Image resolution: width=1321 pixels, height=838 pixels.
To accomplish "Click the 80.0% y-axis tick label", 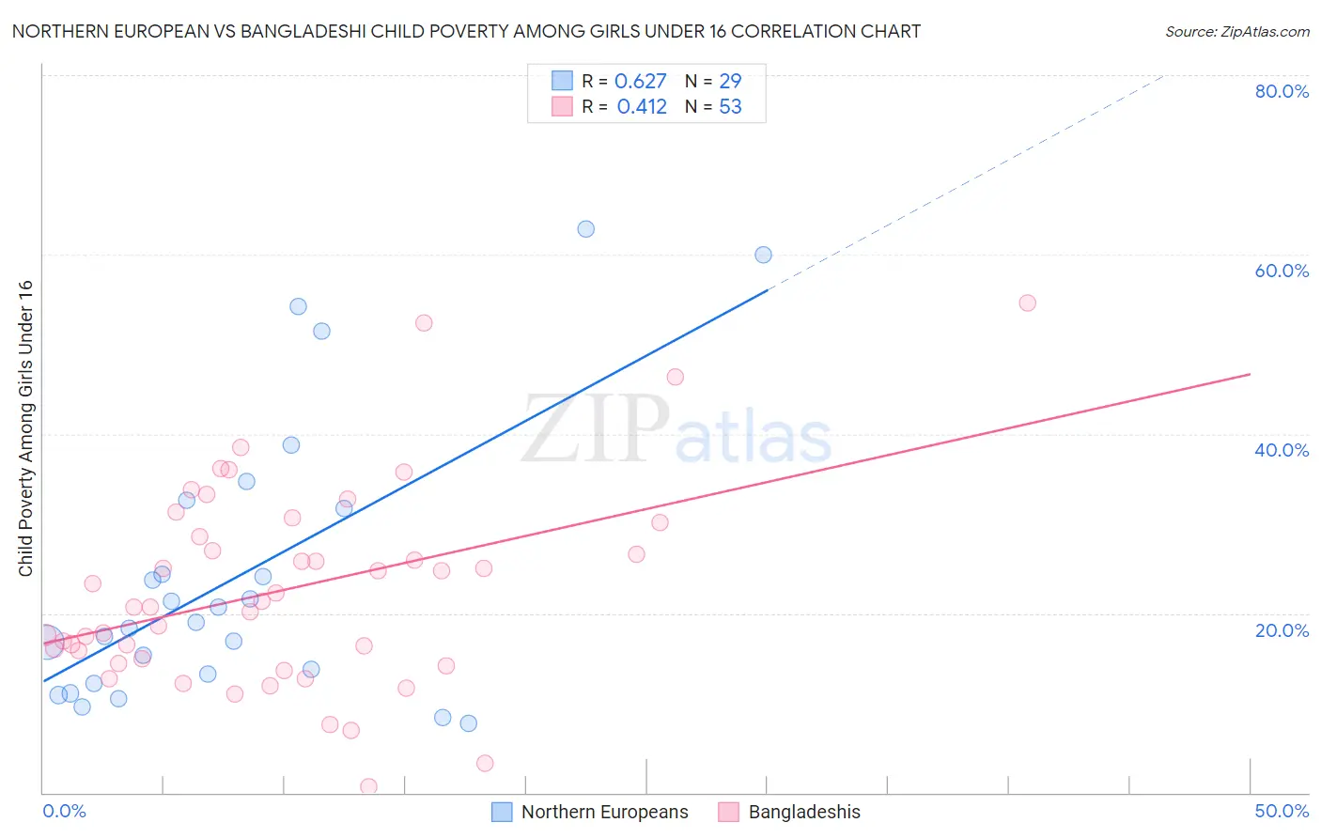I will [x=1282, y=91].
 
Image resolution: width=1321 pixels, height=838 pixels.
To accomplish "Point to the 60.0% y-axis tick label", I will [x=1282, y=271].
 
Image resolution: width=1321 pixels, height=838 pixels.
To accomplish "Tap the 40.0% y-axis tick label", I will [x=1282, y=450].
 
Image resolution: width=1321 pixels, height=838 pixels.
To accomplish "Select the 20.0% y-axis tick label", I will [x=1282, y=630].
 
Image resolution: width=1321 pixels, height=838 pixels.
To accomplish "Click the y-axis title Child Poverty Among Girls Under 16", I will [x=25, y=428].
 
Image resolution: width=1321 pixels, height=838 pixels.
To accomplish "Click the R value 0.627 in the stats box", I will [x=641, y=82].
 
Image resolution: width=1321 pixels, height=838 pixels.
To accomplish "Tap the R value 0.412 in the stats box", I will [x=642, y=107].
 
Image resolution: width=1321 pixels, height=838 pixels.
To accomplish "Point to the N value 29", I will [x=730, y=82].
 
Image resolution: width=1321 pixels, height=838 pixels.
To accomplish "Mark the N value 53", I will [x=730, y=107].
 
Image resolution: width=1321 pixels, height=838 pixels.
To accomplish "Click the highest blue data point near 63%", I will [x=585, y=229].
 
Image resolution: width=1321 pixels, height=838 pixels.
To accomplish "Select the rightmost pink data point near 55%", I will [x=1027, y=303].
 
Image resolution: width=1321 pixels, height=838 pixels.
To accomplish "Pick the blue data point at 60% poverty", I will [x=763, y=256].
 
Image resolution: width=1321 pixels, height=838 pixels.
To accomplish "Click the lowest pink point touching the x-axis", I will [x=368, y=786].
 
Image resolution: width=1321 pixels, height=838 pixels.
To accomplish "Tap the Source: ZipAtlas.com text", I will [x=1236, y=32].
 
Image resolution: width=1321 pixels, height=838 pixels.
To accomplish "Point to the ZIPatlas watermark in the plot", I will [x=676, y=429].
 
